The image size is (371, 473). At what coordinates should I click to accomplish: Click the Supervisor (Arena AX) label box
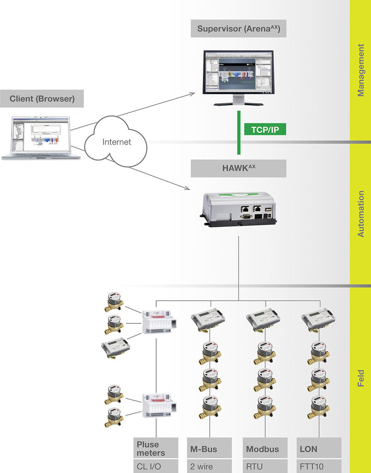pyautogui.click(x=238, y=29)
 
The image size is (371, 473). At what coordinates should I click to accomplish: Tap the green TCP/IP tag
pyautogui.click(x=265, y=129)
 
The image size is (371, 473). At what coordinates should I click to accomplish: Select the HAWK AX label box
pyautogui.click(x=238, y=168)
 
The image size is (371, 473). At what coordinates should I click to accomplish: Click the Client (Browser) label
pyautogui.click(x=42, y=99)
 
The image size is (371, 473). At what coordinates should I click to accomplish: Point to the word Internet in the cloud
pyautogui.click(x=117, y=142)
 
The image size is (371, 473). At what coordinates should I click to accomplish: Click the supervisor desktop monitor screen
pyautogui.click(x=238, y=72)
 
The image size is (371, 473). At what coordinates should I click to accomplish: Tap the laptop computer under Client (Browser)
pyautogui.click(x=41, y=138)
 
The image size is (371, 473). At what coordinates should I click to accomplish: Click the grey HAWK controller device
pyautogui.click(x=238, y=209)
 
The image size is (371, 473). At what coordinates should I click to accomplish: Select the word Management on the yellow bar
pyautogui.click(x=361, y=70)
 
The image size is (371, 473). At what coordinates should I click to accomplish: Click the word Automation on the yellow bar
pyautogui.click(x=361, y=213)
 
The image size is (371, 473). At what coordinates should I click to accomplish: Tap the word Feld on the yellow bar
pyautogui.click(x=361, y=378)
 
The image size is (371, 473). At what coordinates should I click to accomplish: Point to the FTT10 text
pyautogui.click(x=311, y=467)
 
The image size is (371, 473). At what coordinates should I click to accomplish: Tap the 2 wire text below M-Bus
pyautogui.click(x=201, y=467)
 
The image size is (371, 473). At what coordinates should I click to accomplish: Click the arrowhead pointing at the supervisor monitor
pyautogui.click(x=192, y=94)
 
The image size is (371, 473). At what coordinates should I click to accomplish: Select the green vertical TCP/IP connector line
pyautogui.click(x=239, y=133)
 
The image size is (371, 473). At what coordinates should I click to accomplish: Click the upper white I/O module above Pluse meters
pyautogui.click(x=159, y=321)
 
